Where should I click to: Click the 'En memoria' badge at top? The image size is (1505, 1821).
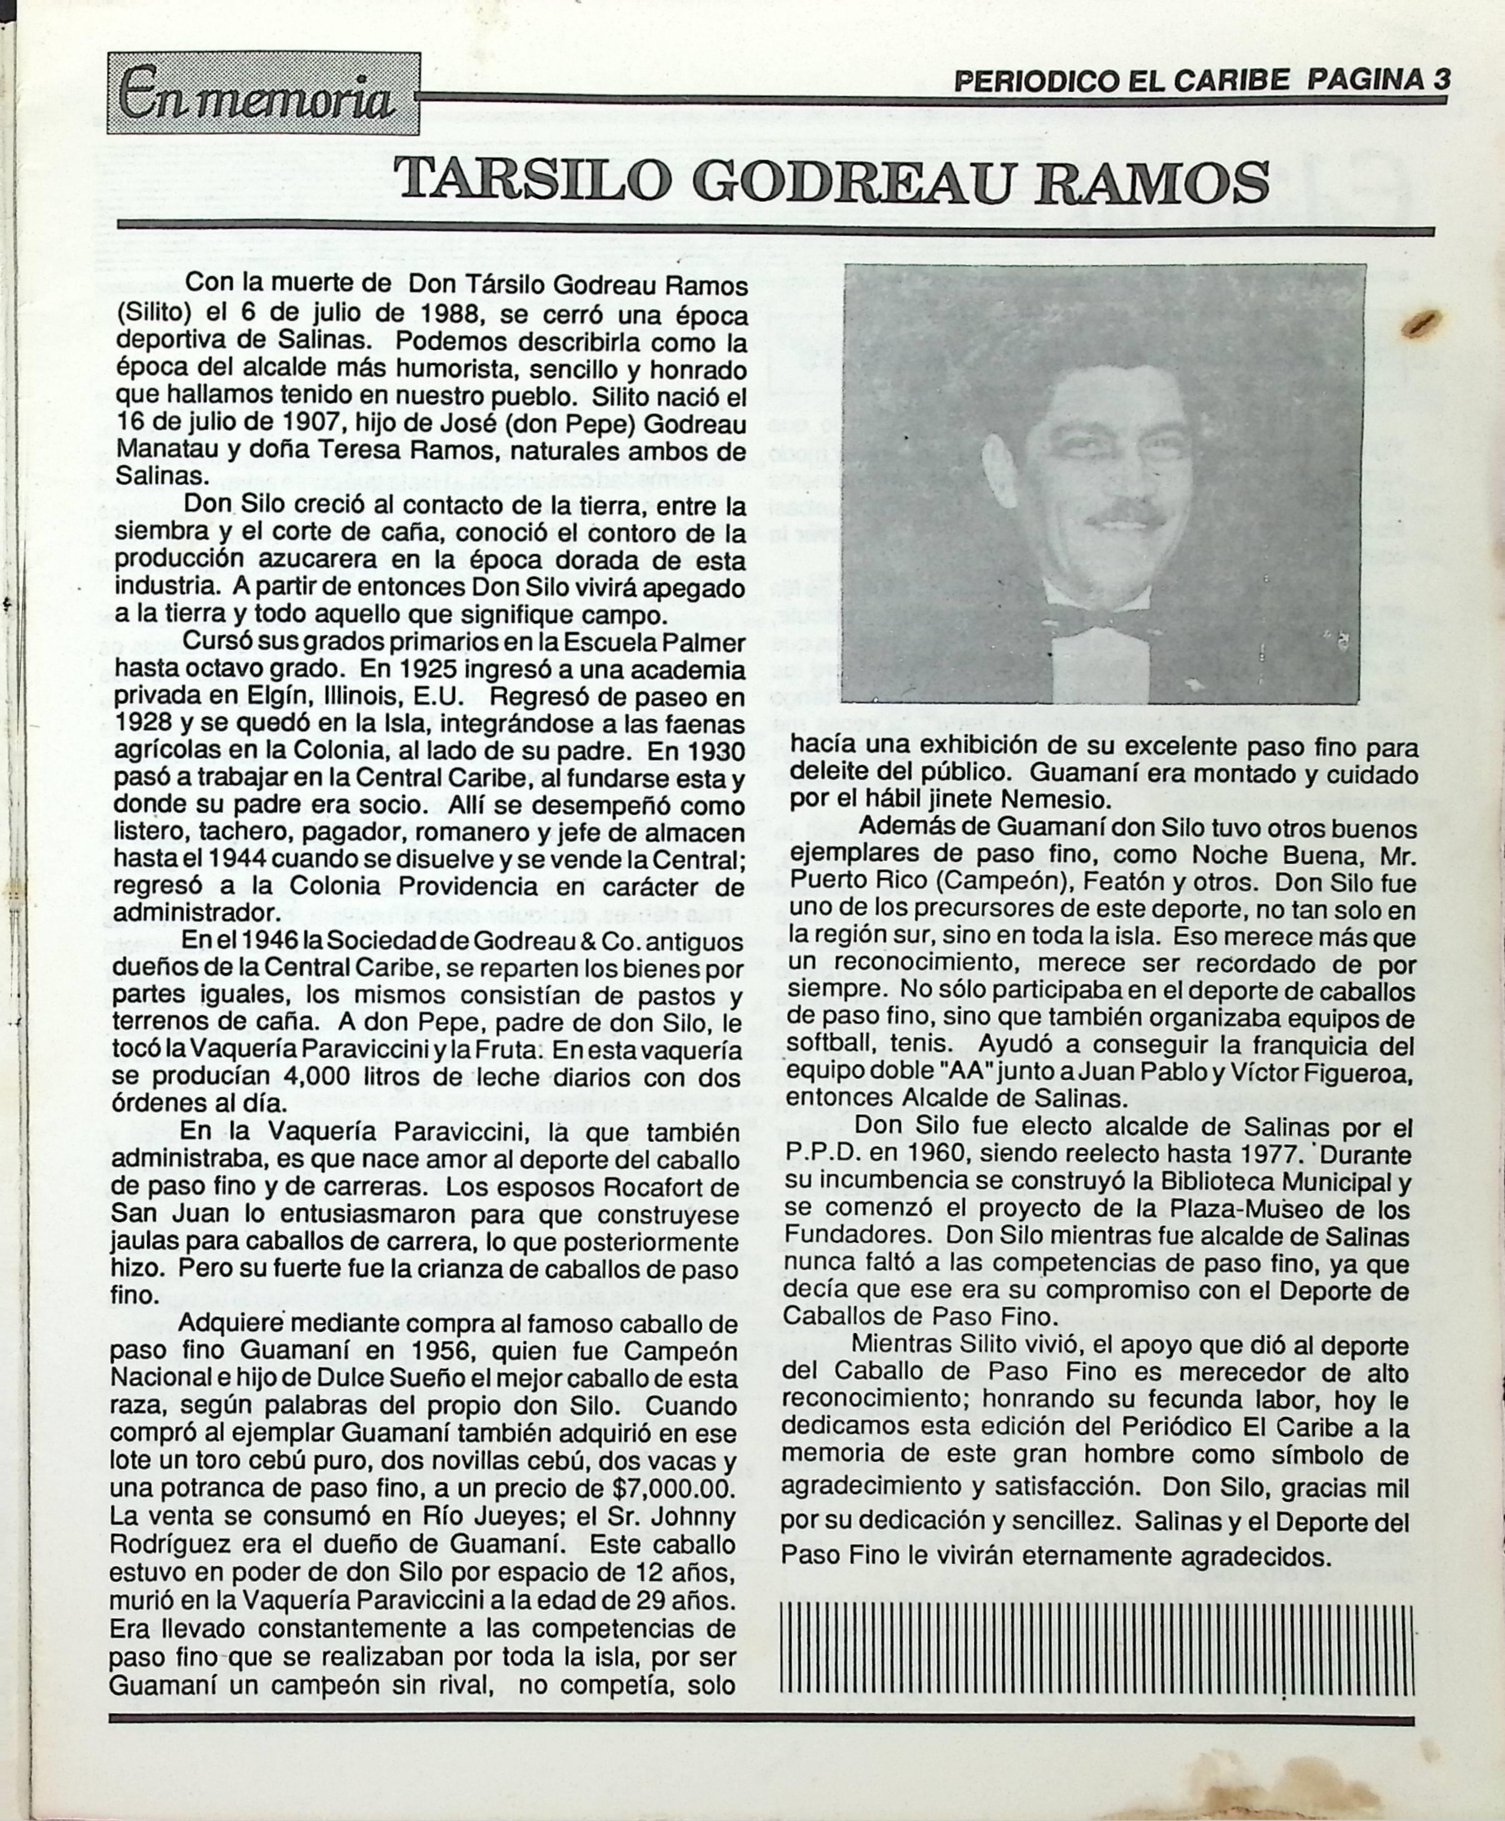pos(262,93)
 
